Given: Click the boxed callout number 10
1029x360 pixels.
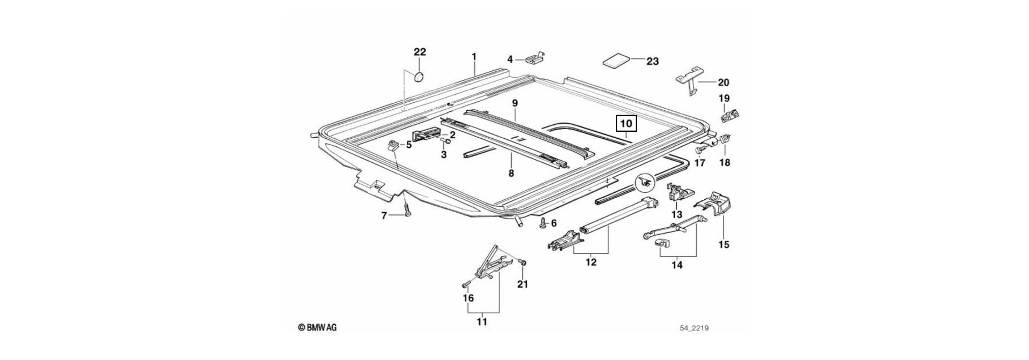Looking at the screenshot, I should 627,124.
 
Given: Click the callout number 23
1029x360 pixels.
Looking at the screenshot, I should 652,62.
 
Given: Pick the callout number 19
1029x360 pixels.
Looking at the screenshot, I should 724,98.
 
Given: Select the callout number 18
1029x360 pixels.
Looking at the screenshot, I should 724,162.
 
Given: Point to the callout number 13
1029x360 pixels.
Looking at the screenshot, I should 676,214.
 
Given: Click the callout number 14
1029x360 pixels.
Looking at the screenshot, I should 677,265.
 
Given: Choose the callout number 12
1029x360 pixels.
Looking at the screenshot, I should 591,262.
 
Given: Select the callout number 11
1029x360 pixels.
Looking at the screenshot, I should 482,322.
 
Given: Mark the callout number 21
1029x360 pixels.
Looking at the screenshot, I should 522,284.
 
